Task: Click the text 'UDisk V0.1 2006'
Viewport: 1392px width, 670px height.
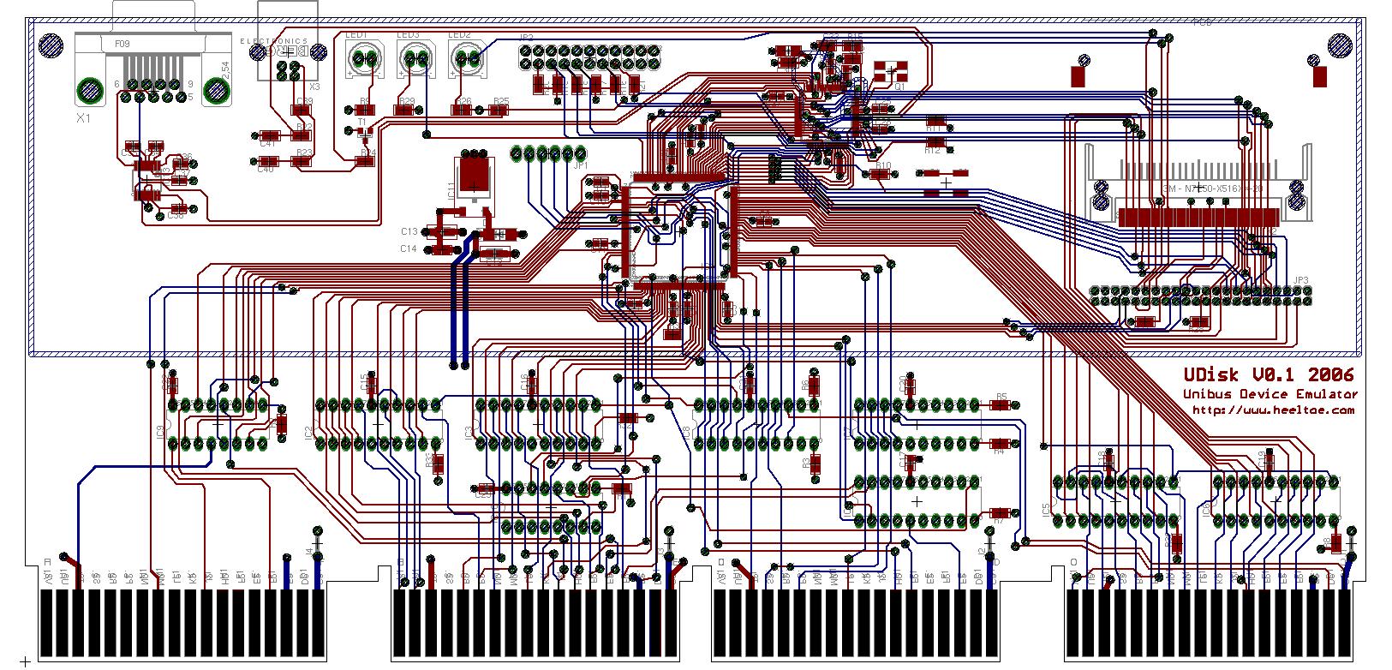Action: coord(1269,374)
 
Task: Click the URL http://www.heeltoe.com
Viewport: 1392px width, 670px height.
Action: coord(1274,410)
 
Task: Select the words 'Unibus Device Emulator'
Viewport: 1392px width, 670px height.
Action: coord(1270,394)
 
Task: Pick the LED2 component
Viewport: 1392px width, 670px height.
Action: coord(468,59)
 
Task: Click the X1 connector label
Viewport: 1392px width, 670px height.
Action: coord(82,118)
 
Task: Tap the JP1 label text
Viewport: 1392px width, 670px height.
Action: coord(581,165)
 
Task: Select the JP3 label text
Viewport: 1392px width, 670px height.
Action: coord(1301,280)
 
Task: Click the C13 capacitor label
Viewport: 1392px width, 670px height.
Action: coord(409,231)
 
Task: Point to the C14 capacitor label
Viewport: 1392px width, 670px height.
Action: coord(409,248)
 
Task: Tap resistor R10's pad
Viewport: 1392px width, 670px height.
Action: coord(880,174)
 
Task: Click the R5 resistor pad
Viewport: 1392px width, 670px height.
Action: coord(1001,406)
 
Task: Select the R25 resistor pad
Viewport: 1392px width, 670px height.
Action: coord(500,111)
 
